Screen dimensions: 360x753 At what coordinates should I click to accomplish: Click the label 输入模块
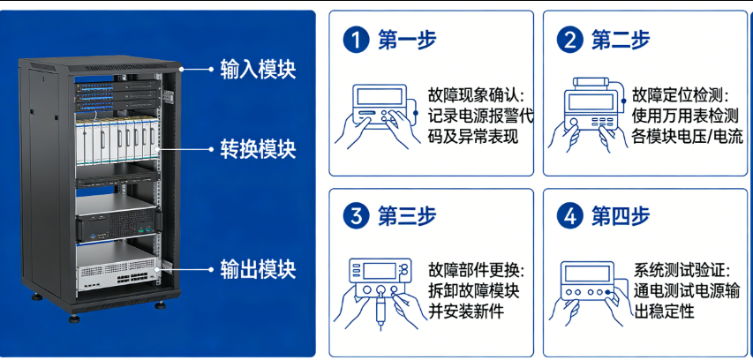pos(258,69)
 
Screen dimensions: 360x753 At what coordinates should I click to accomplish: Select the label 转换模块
pos(258,149)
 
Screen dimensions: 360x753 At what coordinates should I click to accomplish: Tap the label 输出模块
pos(258,268)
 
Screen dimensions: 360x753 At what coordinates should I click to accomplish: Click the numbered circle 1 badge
pos(356,40)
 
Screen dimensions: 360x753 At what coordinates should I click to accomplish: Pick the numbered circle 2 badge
pos(569,40)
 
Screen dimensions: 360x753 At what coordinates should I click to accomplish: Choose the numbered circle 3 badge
pos(356,216)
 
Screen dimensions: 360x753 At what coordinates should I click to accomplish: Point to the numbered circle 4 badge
pos(569,216)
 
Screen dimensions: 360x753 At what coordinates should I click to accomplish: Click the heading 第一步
pos(407,40)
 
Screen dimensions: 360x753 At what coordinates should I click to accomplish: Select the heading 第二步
pos(621,40)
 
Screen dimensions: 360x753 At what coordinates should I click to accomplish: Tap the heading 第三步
pos(407,216)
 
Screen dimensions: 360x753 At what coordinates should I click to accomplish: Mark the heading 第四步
pos(621,216)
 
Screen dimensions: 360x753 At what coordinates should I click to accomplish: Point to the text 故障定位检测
pos(680,94)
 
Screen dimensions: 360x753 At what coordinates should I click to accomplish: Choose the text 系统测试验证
pos(680,270)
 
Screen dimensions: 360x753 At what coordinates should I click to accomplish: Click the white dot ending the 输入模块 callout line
pos(181,69)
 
